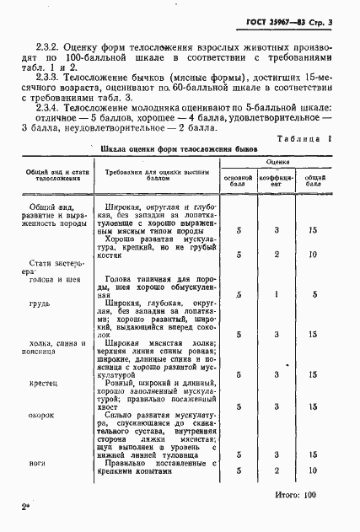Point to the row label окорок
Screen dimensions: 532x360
click(44, 415)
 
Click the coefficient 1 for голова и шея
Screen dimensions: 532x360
click(277, 294)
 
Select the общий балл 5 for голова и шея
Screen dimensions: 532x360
click(314, 294)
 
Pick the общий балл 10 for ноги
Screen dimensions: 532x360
click(314, 470)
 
